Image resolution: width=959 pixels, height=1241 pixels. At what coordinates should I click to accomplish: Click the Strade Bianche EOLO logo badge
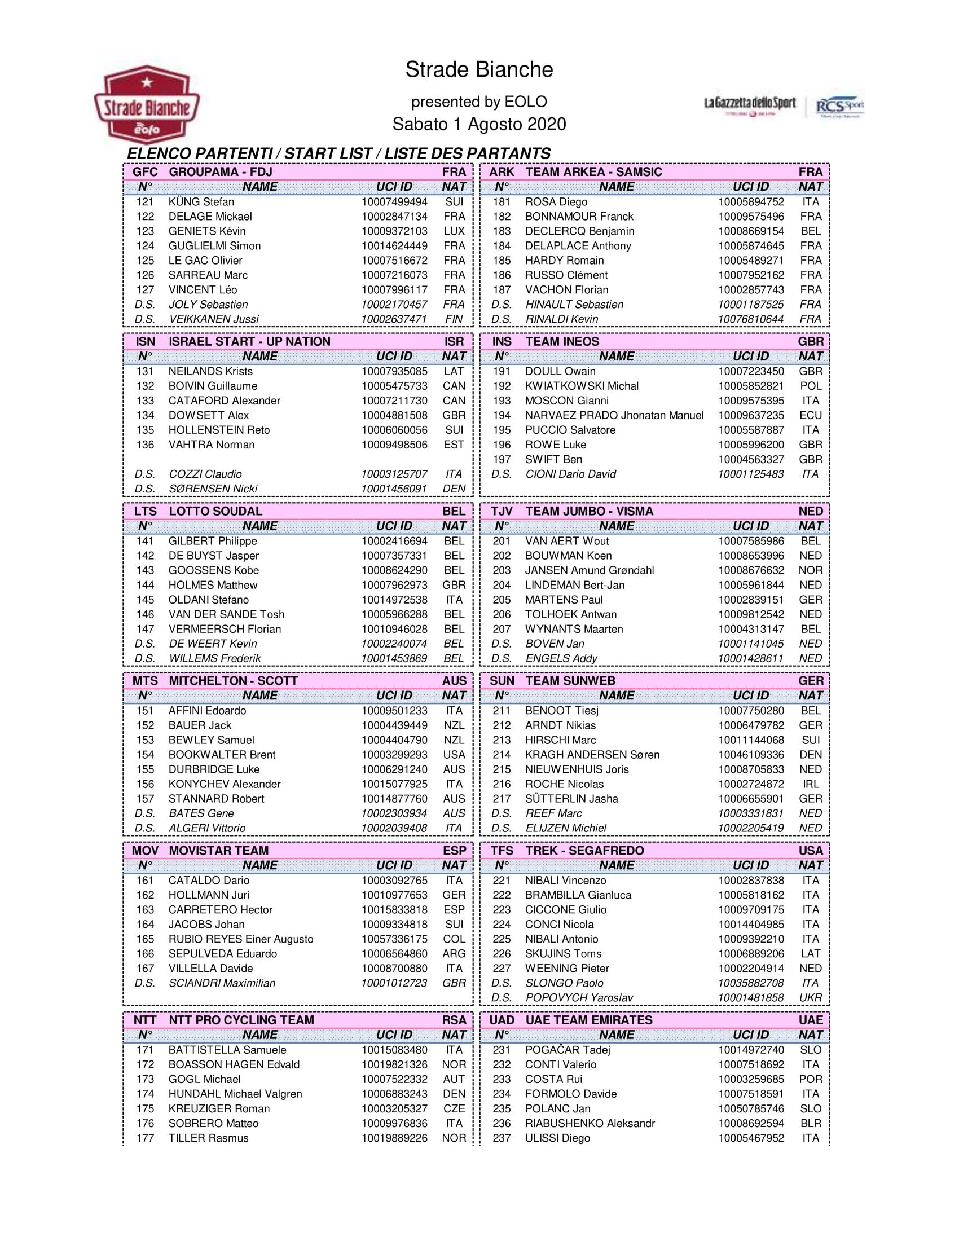pos(147,104)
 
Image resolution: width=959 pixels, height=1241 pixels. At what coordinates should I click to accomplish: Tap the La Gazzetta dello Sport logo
pos(749,104)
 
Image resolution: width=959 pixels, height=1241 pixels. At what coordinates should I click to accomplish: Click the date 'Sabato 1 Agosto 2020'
pos(479,125)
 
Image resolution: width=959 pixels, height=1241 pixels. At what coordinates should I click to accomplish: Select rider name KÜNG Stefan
pos(201,202)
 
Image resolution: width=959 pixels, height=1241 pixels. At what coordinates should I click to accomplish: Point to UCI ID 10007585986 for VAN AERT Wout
pos(750,541)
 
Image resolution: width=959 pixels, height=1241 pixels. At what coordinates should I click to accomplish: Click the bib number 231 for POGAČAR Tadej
pos(501,1050)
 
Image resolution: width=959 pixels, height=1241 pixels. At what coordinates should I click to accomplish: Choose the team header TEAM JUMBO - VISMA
pos(589,511)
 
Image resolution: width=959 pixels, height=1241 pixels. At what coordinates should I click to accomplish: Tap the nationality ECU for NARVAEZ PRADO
pos(810,415)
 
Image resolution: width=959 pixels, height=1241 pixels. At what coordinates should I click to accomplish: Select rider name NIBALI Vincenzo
pos(565,880)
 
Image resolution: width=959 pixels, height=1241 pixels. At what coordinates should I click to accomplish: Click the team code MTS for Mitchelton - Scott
pos(145,681)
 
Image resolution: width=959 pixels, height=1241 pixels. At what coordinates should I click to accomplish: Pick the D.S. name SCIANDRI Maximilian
pos(222,983)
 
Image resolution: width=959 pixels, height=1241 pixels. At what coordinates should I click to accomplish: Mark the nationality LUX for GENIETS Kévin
pos(454,231)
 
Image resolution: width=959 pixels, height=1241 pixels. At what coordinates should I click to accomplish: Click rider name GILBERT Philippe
pos(213,541)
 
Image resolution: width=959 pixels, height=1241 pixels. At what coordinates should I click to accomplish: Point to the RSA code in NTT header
pos(454,1020)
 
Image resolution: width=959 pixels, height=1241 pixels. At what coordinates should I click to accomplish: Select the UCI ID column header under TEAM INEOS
pos(750,357)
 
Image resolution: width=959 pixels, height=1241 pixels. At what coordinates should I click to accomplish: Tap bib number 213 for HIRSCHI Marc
pos(501,740)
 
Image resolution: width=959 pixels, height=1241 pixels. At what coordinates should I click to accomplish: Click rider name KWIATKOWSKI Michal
pos(582,386)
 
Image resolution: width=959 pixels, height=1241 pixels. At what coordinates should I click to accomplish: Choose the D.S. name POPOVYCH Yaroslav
pos(579,998)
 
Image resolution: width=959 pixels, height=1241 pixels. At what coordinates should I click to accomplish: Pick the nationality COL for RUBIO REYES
pos(454,939)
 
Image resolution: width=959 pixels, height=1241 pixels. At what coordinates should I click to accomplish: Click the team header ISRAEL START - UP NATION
pos(249,341)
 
